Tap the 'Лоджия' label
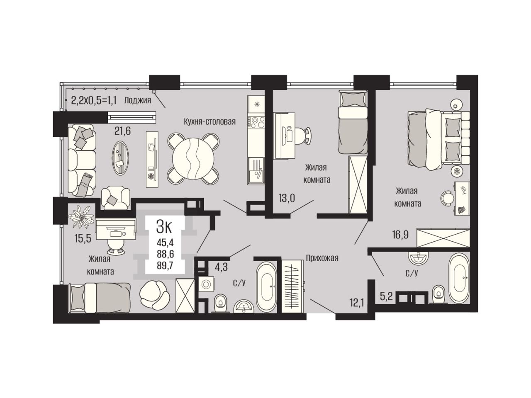[137, 100]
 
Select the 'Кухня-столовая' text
[209, 121]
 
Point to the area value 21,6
[122, 131]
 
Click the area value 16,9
[400, 235]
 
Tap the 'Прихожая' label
[322, 258]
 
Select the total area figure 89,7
[166, 266]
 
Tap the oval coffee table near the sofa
[120, 158]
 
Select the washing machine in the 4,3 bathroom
[207, 284]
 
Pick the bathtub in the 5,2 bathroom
[459, 281]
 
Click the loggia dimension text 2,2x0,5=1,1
[94, 100]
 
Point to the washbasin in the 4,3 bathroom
[244, 307]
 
